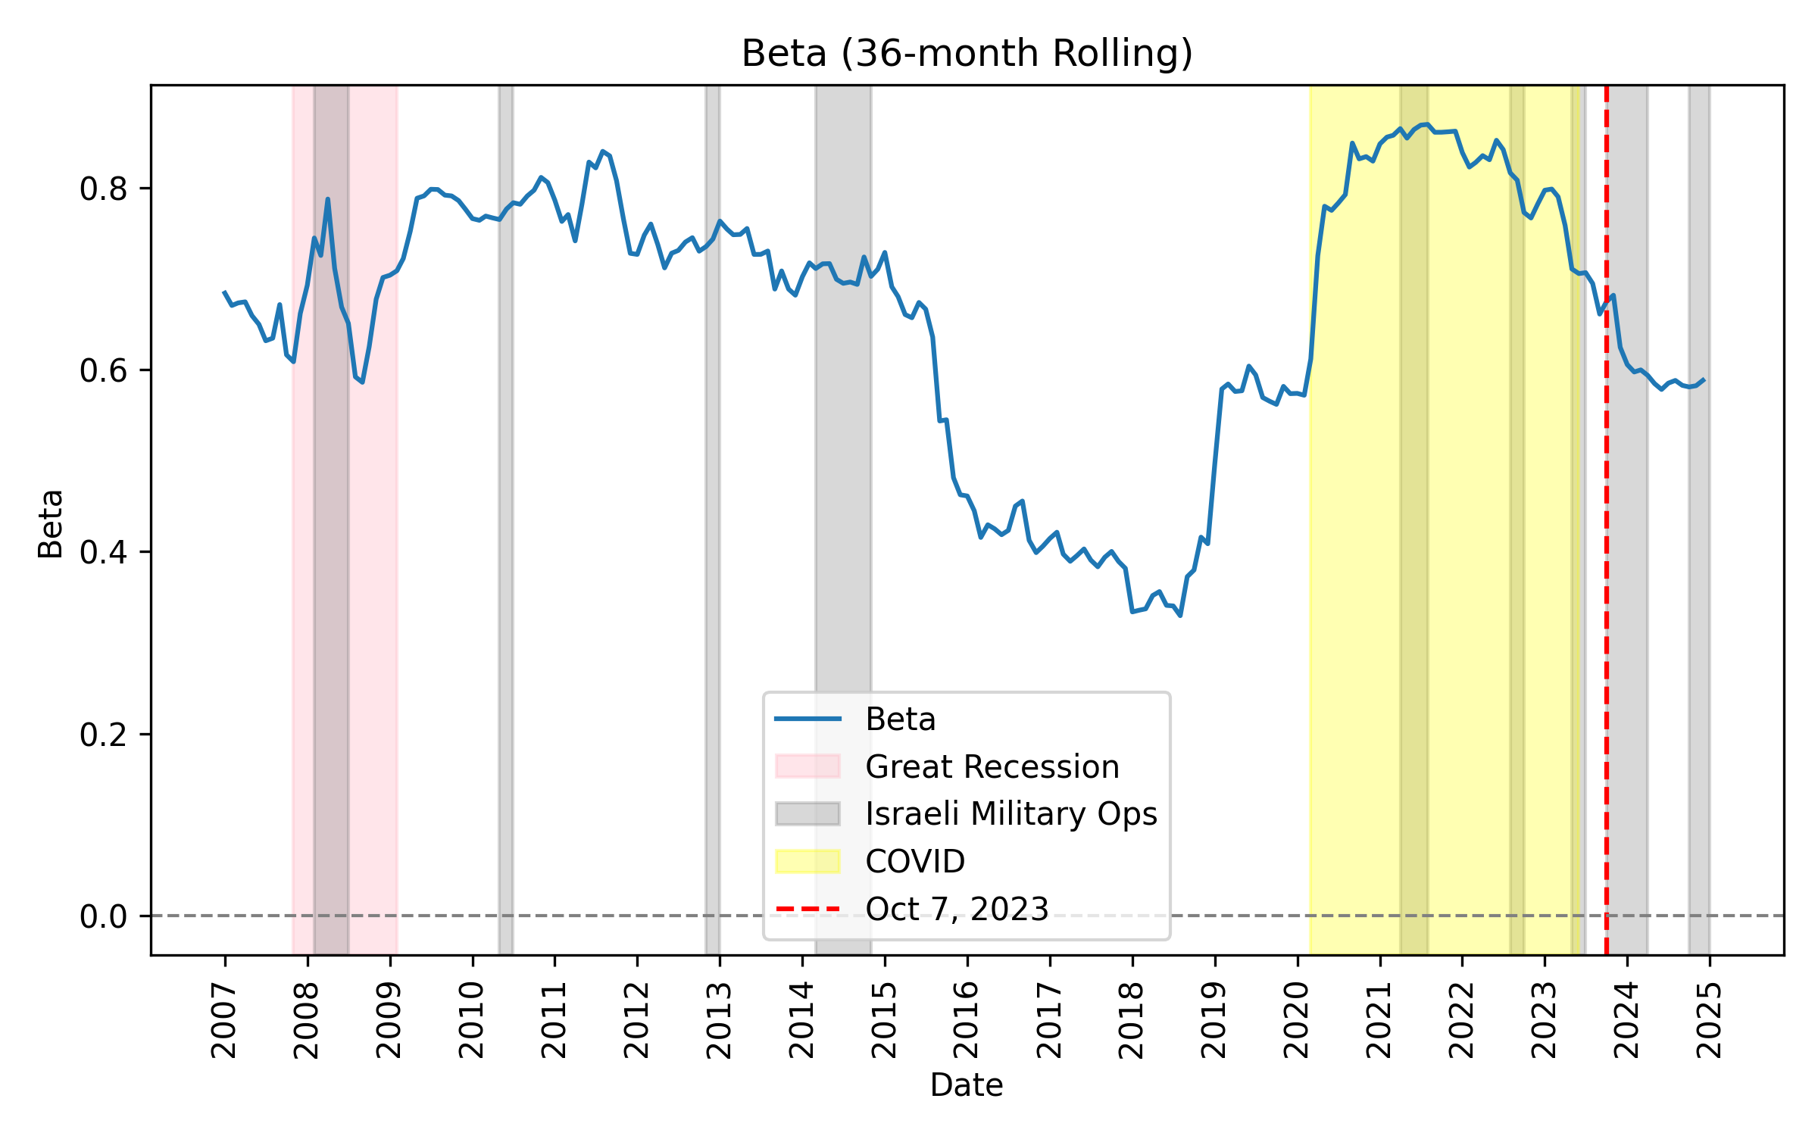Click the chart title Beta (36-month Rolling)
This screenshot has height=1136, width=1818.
click(x=967, y=54)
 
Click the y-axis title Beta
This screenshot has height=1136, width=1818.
click(x=51, y=524)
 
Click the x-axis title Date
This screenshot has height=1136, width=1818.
click(x=967, y=1085)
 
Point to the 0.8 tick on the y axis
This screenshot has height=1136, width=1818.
click(x=104, y=189)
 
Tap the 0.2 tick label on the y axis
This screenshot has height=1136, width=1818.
click(x=104, y=735)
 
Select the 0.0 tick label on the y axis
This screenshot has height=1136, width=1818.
click(x=104, y=916)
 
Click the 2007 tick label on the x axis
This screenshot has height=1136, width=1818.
click(x=224, y=1020)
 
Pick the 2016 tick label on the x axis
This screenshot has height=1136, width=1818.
click(x=967, y=1020)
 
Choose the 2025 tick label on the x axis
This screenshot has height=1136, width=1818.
click(x=1709, y=1020)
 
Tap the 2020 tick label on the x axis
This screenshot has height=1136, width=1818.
click(x=1297, y=1020)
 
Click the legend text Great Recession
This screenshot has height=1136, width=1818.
click(x=992, y=766)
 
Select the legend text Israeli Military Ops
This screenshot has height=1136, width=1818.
click(x=1011, y=813)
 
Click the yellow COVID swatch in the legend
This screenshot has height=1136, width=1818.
click(x=807, y=861)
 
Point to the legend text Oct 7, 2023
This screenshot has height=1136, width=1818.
click(x=957, y=909)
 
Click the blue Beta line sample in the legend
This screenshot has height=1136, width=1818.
click(x=807, y=719)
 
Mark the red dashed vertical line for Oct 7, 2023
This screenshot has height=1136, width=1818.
click(x=1606, y=606)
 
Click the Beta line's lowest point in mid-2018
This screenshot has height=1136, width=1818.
click(x=1180, y=615)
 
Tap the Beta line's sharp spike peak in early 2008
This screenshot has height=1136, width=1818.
click(x=327, y=199)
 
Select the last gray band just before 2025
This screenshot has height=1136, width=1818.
click(x=1699, y=530)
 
